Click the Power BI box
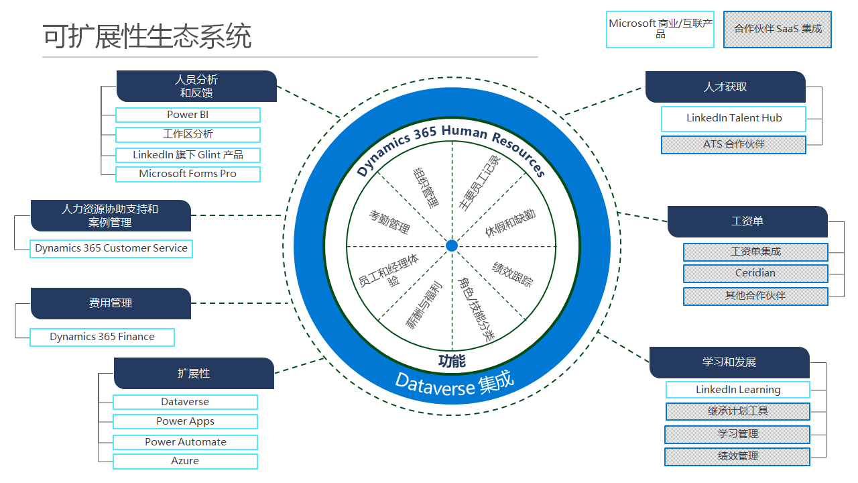click(188, 115)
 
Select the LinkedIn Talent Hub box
click(733, 119)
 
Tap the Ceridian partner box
click(755, 274)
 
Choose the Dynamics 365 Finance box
click(102, 337)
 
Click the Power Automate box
click(185, 442)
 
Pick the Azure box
click(185, 461)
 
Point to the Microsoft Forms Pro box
click(188, 174)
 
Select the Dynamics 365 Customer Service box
click(111, 248)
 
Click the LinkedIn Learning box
click(737, 390)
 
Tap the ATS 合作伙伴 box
click(733, 144)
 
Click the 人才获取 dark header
click(725, 87)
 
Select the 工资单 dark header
click(747, 221)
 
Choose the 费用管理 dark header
click(111, 303)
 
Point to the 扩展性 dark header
click(194, 374)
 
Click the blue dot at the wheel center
click(452, 246)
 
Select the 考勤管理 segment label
click(389, 221)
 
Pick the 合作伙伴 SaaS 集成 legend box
click(778, 29)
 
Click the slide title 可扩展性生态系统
click(147, 36)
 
